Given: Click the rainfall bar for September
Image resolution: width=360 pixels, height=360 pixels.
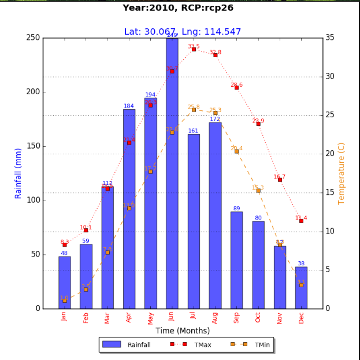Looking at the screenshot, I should (x=236, y=260).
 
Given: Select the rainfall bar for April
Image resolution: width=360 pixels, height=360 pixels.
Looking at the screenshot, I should (x=129, y=209).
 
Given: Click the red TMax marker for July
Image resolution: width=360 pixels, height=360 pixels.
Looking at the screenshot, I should (x=194, y=49).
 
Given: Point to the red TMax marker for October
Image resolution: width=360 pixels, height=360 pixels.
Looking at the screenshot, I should (x=258, y=124).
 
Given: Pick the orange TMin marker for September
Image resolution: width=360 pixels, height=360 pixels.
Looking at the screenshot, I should (x=236, y=151).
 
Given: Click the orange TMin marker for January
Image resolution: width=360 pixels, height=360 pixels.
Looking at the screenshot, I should (x=64, y=300).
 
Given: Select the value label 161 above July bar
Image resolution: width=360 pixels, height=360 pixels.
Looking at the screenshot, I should (x=194, y=131).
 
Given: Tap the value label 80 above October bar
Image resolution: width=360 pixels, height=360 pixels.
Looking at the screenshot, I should (x=258, y=218).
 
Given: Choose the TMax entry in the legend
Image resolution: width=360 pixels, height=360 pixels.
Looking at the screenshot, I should (x=191, y=345).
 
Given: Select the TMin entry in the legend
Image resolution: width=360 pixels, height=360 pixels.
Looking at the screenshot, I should (x=251, y=345).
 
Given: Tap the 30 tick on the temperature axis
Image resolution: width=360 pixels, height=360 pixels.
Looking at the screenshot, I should (x=331, y=76).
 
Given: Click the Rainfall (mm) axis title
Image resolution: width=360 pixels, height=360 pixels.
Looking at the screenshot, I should (x=18, y=173).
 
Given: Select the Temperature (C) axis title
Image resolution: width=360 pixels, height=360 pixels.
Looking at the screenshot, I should (x=342, y=173).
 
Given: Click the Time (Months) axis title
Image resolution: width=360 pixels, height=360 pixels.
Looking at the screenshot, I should (x=183, y=331).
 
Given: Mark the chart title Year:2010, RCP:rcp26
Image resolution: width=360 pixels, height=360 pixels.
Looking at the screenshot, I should (x=182, y=8).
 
